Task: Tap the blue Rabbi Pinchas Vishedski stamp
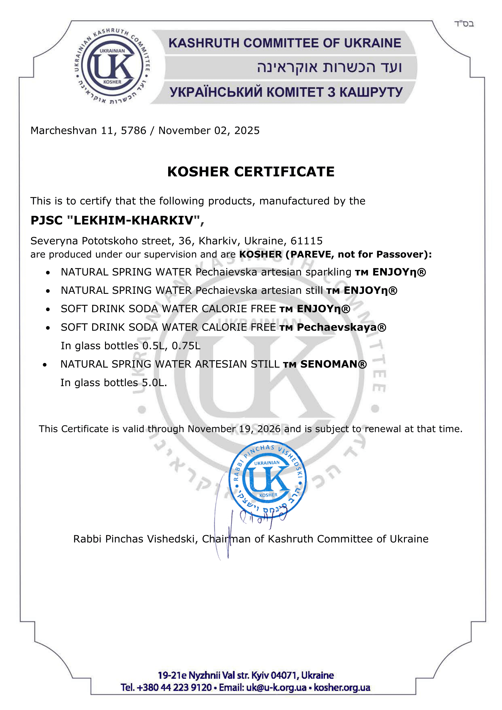(267, 479)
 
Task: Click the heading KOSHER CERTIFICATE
(251, 172)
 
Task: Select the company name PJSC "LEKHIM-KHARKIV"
(117, 220)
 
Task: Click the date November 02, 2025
(209, 131)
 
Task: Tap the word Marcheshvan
(64, 131)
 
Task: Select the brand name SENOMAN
(329, 364)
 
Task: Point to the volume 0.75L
(186, 346)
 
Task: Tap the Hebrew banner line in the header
(329, 67)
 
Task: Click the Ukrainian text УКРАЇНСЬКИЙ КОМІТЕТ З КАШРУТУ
(286, 92)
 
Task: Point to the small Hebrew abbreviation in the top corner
(464, 24)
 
